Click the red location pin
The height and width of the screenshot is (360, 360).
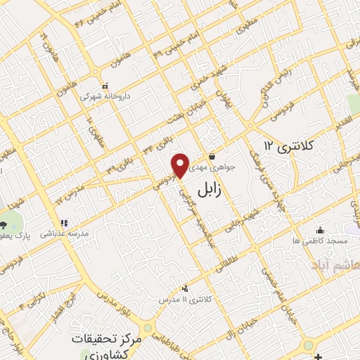(x=180, y=165)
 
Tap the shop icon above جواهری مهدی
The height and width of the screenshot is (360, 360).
(x=212, y=157)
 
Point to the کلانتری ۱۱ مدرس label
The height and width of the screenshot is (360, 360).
(x=185, y=300)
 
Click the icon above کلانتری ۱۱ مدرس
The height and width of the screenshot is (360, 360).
(x=185, y=288)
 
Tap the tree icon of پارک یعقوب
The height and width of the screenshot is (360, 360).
(x=4, y=225)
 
